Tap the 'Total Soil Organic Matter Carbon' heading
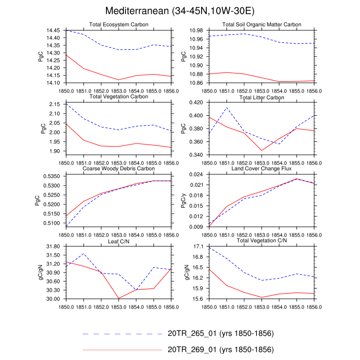(262, 25)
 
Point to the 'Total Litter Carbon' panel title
(262, 97)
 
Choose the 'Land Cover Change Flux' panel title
(262, 169)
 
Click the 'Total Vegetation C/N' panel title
(262, 241)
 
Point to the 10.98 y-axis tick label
(197, 31)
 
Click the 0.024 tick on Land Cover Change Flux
(197, 175)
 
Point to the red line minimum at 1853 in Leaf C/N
(119, 298)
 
